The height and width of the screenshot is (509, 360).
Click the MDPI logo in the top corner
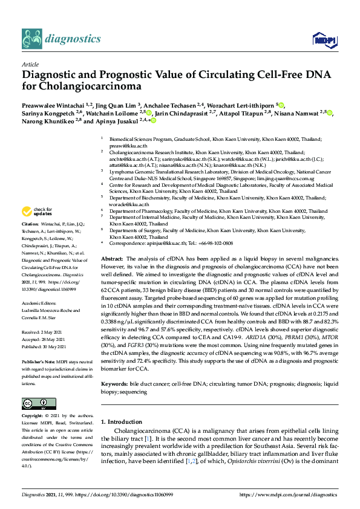pos(322,39)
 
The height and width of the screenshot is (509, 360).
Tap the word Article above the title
pos(30,64)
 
